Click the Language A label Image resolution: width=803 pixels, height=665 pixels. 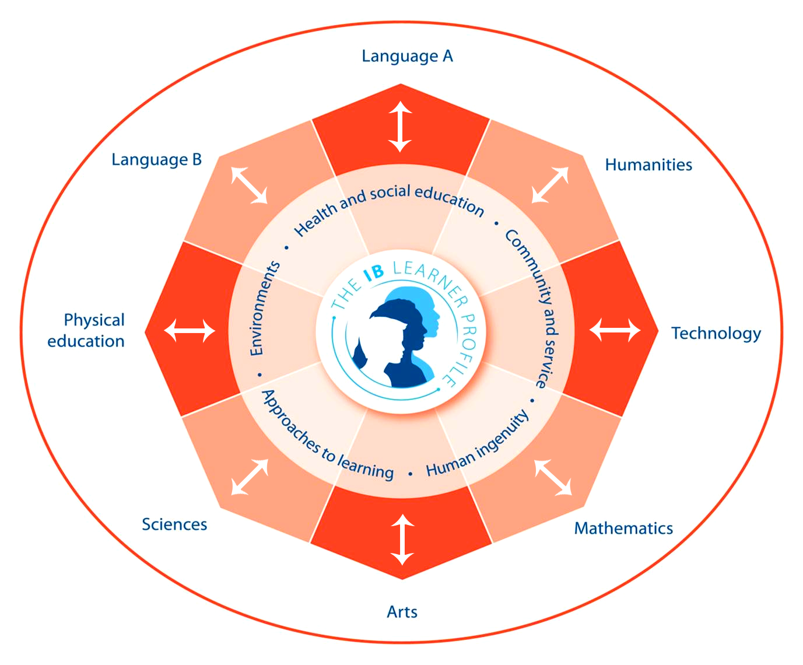coord(407,57)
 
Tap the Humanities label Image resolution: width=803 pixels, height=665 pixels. coord(648,165)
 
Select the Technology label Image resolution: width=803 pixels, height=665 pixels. coord(716,334)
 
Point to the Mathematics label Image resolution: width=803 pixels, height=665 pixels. coord(623,528)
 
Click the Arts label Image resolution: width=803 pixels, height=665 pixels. coord(402,612)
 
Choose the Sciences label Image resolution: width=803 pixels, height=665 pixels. coord(174,524)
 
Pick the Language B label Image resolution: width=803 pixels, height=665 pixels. coord(156,160)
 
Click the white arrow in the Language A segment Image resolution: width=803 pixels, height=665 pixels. coord(401,127)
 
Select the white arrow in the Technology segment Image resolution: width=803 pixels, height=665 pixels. coord(615,330)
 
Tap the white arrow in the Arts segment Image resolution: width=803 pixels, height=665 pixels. coord(402,540)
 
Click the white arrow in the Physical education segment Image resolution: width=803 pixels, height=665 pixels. coord(190,331)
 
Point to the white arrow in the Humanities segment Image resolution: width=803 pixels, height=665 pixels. coord(550,185)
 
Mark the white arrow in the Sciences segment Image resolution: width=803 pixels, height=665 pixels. coord(250,477)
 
